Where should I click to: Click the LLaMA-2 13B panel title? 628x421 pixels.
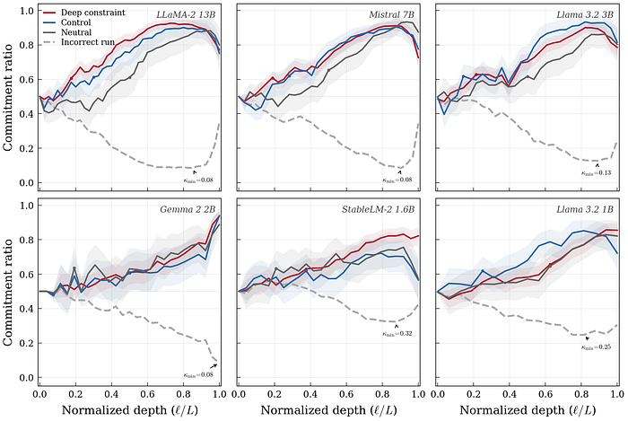click(x=187, y=16)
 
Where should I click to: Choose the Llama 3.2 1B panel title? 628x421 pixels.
click(x=586, y=209)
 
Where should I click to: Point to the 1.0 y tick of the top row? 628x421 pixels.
click(x=27, y=12)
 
